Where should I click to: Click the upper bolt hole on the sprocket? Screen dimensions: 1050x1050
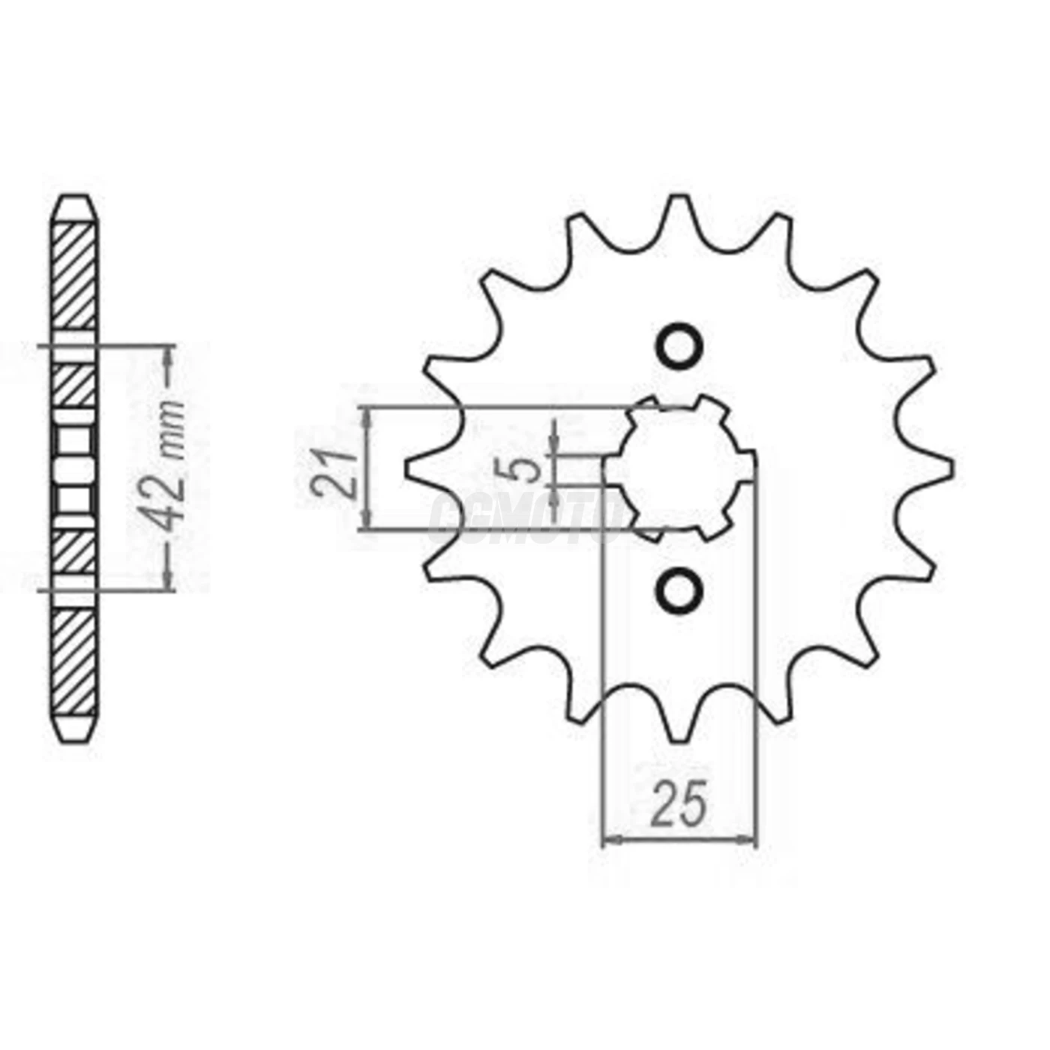680,346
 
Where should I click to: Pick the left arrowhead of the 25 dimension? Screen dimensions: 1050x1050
612,841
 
